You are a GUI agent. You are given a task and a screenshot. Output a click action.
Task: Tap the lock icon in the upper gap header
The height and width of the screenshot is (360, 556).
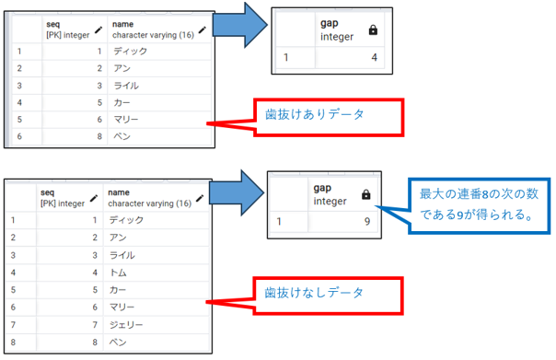coord(372,30)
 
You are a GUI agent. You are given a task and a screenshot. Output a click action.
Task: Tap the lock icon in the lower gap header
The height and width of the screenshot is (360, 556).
coord(366,194)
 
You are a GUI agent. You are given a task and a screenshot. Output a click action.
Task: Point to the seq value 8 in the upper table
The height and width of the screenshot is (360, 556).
coord(96,136)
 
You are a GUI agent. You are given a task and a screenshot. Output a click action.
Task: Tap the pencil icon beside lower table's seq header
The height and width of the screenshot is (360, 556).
coord(95,196)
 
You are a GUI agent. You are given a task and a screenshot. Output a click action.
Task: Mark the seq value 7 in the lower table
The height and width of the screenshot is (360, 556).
coord(93,325)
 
